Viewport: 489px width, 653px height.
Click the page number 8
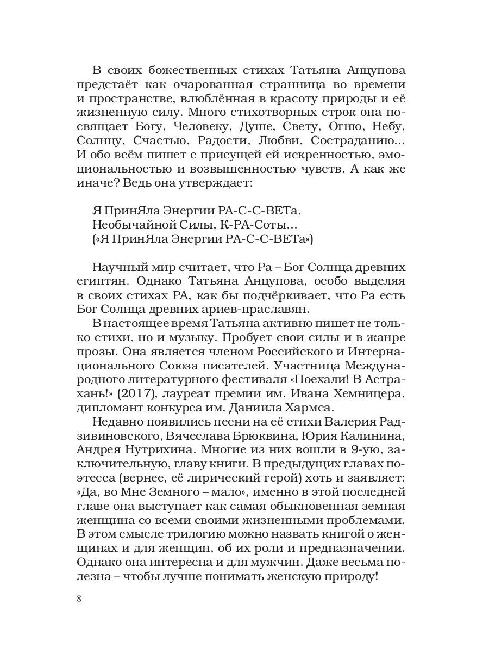[x=79, y=599]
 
